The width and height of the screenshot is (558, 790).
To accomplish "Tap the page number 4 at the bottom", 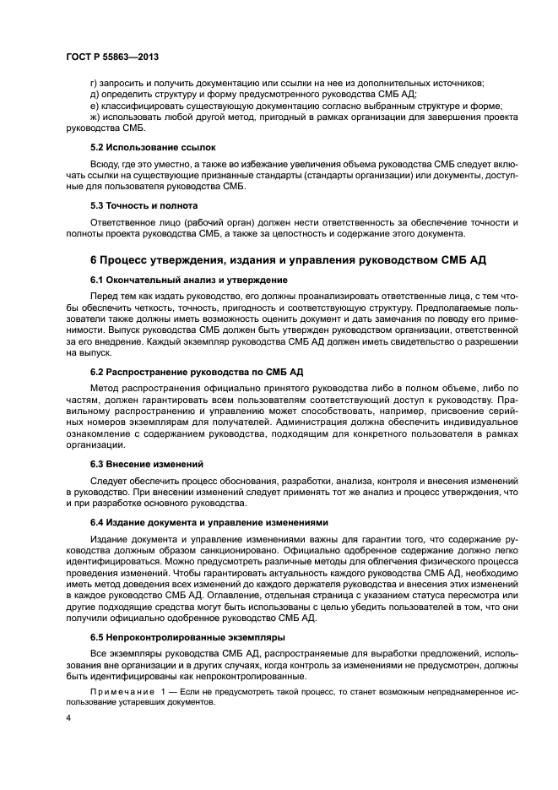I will [68, 718].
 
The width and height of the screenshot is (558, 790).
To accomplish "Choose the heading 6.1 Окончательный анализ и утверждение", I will [189, 280].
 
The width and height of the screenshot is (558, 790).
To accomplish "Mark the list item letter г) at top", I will [94, 82].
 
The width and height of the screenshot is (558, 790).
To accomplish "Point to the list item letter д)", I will [94, 94].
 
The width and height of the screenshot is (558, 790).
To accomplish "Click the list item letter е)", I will [94, 106].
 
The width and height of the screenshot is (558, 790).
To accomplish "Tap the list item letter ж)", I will [95, 117].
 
